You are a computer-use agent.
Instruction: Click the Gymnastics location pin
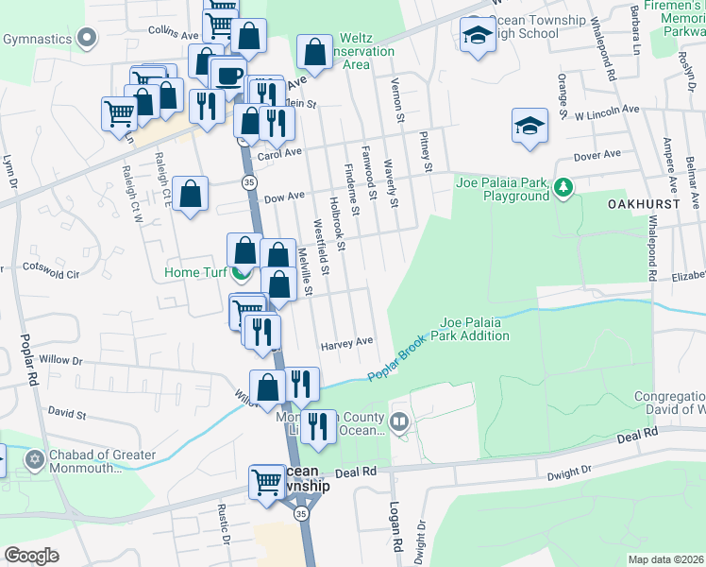pyautogui.click(x=88, y=39)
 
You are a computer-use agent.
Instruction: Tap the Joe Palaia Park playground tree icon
pyautogui.click(x=563, y=187)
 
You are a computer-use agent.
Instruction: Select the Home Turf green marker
pyautogui.click(x=242, y=274)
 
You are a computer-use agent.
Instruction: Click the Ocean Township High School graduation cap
pyautogui.click(x=479, y=35)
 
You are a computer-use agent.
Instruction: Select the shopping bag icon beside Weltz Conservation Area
pyautogui.click(x=314, y=52)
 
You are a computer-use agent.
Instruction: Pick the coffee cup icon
pyautogui.click(x=227, y=76)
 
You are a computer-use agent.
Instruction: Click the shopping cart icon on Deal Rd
pyautogui.click(x=267, y=482)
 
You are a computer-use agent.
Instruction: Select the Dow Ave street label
pyautogui.click(x=284, y=197)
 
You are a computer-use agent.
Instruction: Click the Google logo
pyautogui.click(x=32, y=556)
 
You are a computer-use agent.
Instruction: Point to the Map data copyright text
pyautogui.click(x=665, y=559)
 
